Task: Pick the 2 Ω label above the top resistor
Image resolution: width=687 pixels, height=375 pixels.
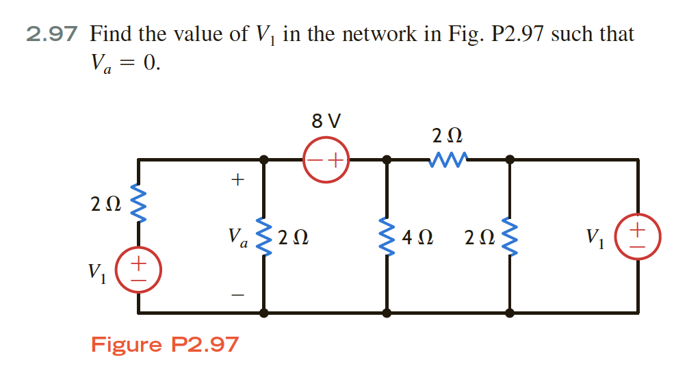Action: point(449,134)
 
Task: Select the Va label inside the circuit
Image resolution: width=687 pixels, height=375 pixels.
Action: point(237,237)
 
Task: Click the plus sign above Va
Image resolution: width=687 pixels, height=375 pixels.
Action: point(237,180)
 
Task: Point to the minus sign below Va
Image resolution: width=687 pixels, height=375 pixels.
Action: point(237,296)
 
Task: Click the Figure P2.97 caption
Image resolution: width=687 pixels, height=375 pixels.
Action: point(165,344)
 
